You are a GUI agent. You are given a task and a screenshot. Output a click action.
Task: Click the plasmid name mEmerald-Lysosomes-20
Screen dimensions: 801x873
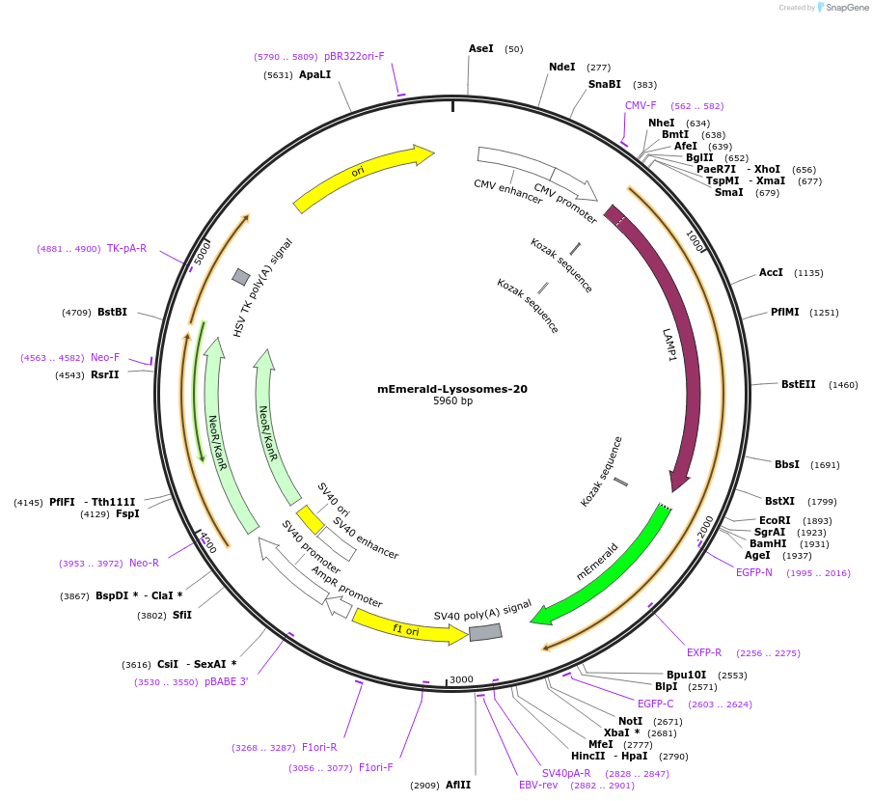click(452, 389)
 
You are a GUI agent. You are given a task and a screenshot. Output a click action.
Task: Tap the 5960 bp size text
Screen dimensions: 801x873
click(452, 401)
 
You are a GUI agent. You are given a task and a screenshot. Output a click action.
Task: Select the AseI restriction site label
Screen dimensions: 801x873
click(481, 48)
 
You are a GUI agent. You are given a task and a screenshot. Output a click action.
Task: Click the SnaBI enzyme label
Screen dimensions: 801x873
click(605, 85)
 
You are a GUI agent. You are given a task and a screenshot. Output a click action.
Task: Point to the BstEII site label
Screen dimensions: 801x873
click(799, 384)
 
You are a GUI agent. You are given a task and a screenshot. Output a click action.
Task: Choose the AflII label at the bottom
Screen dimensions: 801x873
click(458, 785)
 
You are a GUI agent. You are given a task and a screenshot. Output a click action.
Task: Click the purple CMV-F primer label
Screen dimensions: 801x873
click(641, 105)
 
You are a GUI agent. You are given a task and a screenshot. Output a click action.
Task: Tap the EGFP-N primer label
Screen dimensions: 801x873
click(754, 572)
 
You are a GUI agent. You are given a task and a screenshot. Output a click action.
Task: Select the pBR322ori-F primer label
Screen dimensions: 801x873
click(354, 56)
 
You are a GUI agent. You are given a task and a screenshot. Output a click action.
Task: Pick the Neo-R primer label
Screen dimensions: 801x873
click(144, 563)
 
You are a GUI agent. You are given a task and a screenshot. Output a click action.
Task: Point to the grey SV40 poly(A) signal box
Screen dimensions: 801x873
click(485, 632)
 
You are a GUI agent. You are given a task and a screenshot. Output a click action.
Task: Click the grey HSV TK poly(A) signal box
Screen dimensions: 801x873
click(240, 277)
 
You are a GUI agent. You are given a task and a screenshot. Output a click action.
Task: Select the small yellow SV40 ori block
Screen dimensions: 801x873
click(310, 519)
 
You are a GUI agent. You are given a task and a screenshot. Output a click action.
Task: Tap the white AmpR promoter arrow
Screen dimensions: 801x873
click(339, 607)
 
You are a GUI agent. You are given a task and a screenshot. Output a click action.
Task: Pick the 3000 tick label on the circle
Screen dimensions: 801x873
click(462, 679)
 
